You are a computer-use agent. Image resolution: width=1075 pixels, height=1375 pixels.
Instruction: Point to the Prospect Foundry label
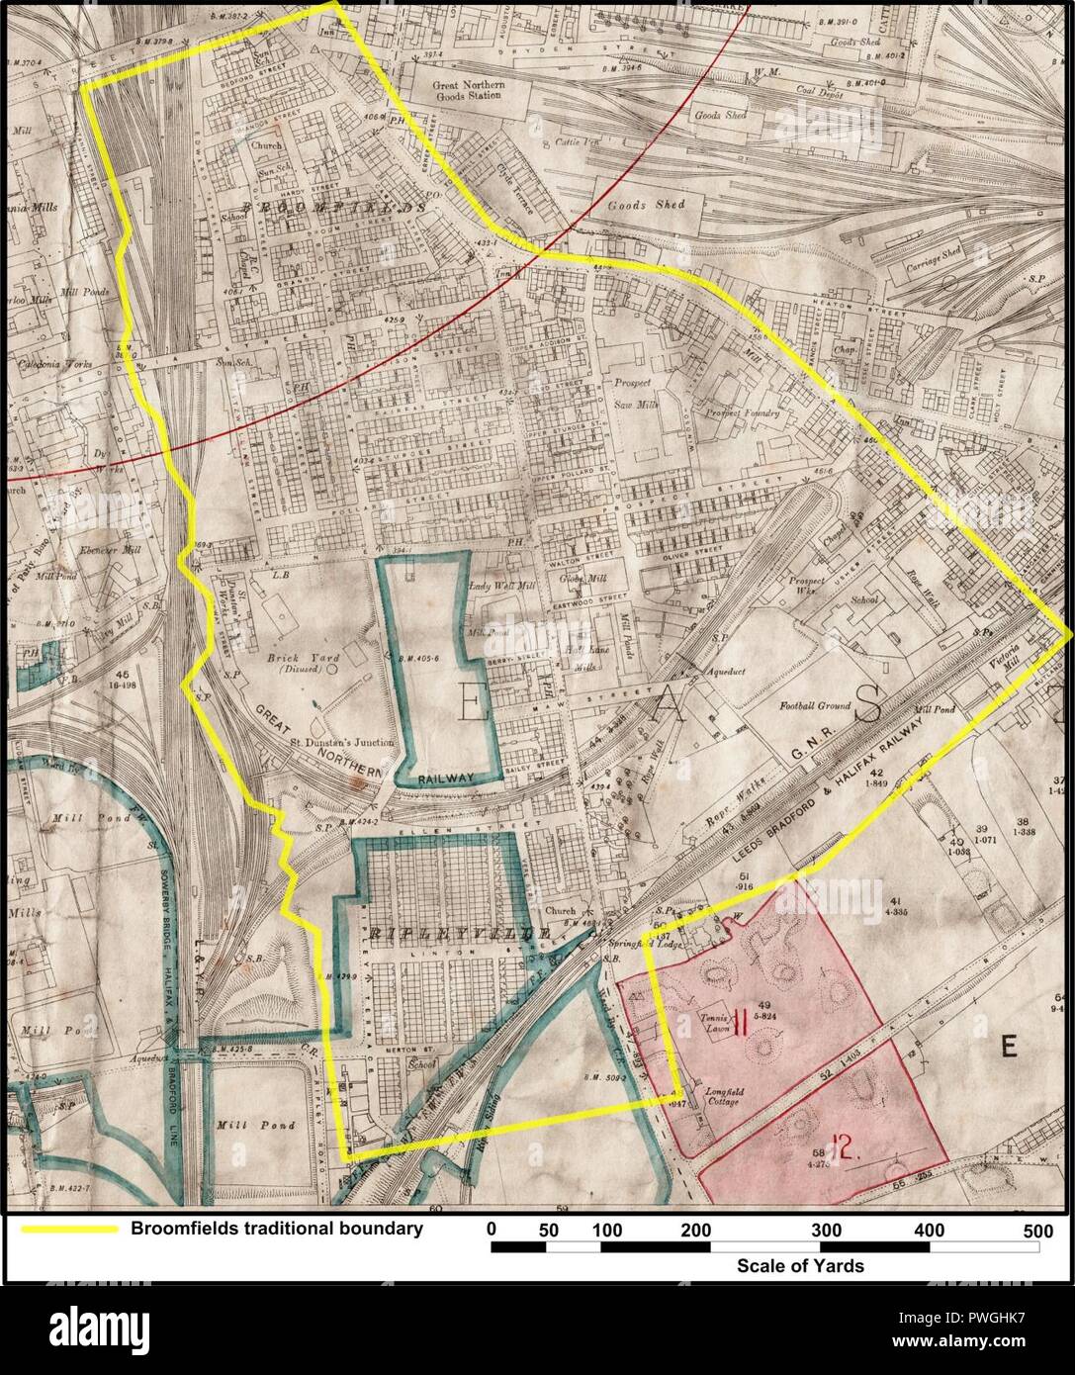pyautogui.click(x=743, y=412)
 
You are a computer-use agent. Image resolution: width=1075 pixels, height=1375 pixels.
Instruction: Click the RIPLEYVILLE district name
pyautogui.click(x=459, y=933)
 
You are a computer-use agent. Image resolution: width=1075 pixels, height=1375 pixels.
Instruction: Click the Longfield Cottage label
pyautogui.click(x=721, y=1096)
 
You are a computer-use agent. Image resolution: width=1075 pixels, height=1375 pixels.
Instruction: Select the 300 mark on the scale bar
pyautogui.click(x=826, y=1230)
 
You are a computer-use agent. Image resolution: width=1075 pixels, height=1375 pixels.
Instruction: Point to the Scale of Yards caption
pyautogui.click(x=799, y=1265)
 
